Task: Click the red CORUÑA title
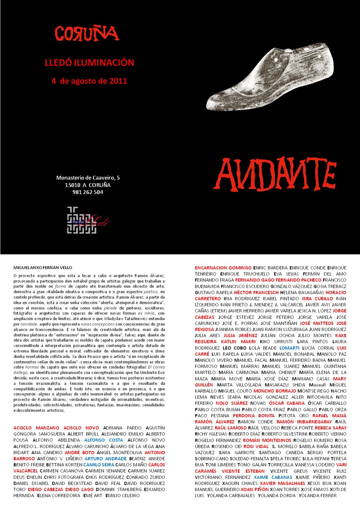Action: (87, 34)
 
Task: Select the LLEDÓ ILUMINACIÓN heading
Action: (89, 63)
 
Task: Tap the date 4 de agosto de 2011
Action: (89, 81)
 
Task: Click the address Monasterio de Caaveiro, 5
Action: (88, 178)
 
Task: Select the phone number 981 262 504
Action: (88, 192)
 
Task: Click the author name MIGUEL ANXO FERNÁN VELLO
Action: (43, 267)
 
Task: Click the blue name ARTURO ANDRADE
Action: (106, 459)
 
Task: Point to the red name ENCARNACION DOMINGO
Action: (223, 268)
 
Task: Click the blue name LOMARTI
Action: (289, 348)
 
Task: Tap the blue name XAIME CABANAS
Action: (273, 477)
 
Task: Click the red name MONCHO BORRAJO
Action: (275, 391)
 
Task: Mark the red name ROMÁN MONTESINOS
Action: (267, 440)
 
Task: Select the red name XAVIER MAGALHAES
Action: (282, 483)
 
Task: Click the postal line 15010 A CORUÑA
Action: (88, 185)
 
